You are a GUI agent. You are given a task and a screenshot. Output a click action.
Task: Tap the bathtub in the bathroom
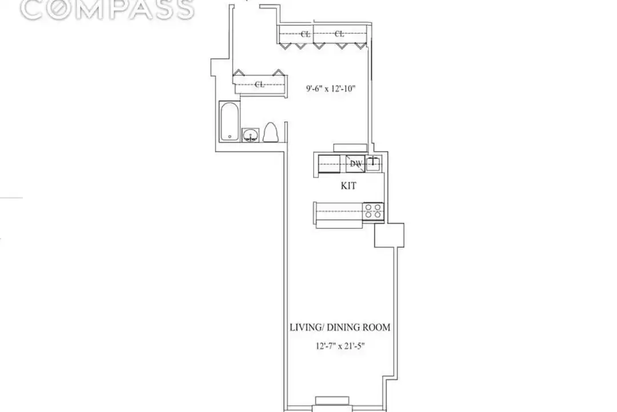coord(230,121)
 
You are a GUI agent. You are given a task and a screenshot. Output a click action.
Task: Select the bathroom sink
coord(250,135)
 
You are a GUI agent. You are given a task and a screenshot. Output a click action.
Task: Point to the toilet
coord(270,132)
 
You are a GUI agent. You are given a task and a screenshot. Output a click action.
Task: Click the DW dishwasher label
coord(356,164)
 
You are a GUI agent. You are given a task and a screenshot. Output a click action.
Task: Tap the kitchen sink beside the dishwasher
coord(374,163)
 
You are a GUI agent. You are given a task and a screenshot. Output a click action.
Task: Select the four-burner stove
coord(373,211)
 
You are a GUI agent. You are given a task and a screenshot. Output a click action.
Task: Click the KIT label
coord(348,186)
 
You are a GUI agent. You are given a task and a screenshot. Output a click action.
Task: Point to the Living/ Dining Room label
coord(340,327)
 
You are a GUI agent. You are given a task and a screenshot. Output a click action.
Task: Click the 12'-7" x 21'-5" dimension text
coord(340,346)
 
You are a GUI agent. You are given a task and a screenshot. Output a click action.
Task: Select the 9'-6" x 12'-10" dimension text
coord(331,88)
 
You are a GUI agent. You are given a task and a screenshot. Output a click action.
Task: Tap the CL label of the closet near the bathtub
coord(259,84)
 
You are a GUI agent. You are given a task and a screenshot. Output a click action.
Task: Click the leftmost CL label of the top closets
coord(305,34)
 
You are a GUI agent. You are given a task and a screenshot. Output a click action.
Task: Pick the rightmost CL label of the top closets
coord(339,34)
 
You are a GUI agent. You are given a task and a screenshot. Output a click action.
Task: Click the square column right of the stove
coord(389,235)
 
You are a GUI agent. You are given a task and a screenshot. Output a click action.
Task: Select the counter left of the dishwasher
coord(330,164)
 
